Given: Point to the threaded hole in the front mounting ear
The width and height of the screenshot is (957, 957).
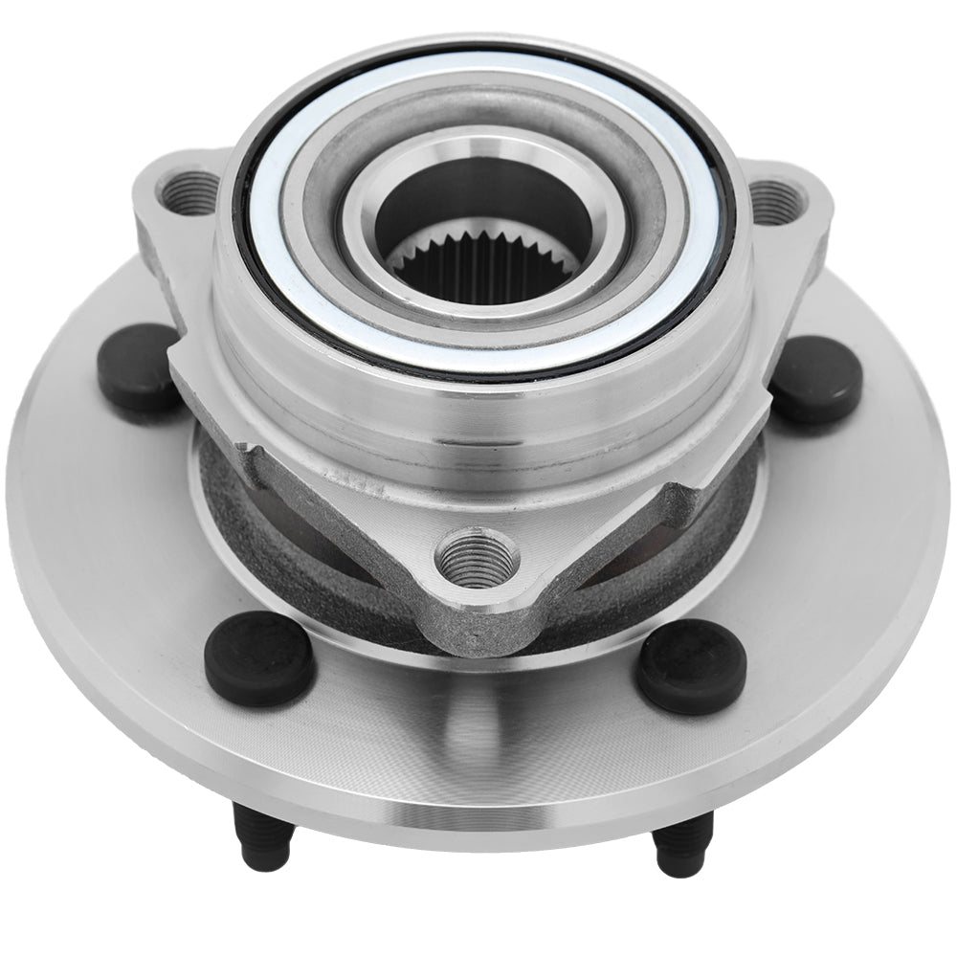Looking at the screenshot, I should tap(476, 552).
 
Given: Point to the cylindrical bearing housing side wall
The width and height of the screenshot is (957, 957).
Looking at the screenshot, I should tap(478, 412).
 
